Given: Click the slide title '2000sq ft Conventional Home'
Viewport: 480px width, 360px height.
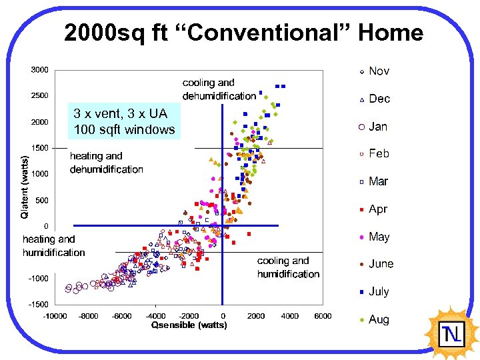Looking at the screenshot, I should pyautogui.click(x=243, y=33).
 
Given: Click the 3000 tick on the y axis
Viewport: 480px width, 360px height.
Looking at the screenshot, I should pyautogui.click(x=39, y=69).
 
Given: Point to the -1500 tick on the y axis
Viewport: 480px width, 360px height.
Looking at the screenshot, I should pyautogui.click(x=37, y=304).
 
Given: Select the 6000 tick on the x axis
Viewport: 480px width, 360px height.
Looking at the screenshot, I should pyautogui.click(x=323, y=316).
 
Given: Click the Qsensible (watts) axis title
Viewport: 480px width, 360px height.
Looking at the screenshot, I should pyautogui.click(x=189, y=325).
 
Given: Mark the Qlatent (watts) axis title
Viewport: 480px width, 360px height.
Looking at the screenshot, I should pyautogui.click(x=25, y=187).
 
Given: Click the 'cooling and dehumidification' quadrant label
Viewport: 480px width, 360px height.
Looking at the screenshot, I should pyautogui.click(x=219, y=89).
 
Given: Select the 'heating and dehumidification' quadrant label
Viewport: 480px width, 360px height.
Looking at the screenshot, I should pyautogui.click(x=106, y=163).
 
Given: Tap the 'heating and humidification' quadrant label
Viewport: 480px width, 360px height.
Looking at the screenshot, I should pyautogui.click(x=53, y=245).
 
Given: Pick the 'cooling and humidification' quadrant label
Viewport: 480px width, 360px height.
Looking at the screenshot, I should pyautogui.click(x=288, y=267).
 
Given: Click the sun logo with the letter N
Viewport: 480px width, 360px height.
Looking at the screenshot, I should pyautogui.click(x=452, y=332).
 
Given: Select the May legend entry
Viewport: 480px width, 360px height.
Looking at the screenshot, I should pyautogui.click(x=378, y=237).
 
